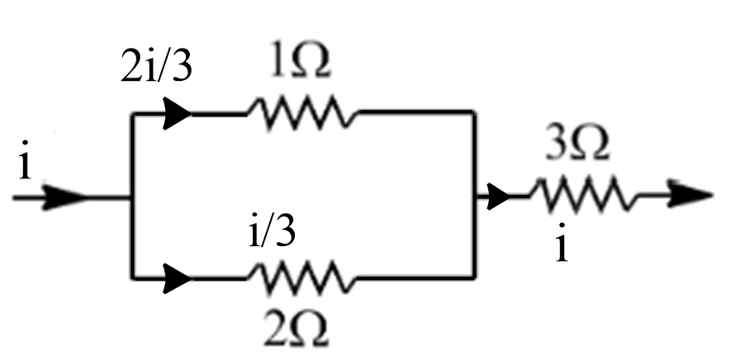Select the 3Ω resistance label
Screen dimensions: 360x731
(x=579, y=147)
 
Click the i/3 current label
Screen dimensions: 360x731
(x=273, y=232)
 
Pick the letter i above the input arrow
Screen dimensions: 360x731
(x=26, y=165)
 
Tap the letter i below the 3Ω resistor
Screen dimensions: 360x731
(x=562, y=245)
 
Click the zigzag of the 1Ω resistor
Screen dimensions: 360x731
(x=301, y=112)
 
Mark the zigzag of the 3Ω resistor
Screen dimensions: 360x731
(x=582, y=197)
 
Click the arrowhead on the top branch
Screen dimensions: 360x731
(x=177, y=113)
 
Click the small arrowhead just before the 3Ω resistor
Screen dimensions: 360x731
(x=498, y=197)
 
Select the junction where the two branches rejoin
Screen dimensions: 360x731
(x=476, y=197)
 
